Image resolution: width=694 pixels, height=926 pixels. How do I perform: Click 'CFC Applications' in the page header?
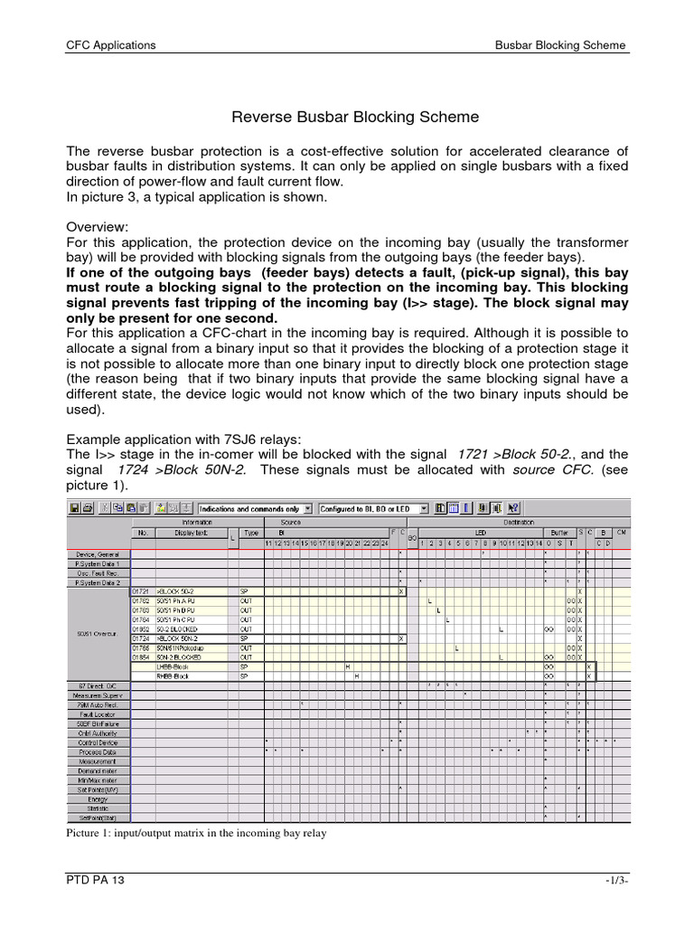coord(111,45)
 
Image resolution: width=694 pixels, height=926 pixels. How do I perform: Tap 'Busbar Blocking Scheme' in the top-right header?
coord(560,45)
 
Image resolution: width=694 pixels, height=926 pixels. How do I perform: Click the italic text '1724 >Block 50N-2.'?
coord(175,470)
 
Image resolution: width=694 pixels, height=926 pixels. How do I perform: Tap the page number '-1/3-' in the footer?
coord(615,882)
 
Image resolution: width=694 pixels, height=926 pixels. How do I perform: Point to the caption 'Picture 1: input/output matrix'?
coord(196,834)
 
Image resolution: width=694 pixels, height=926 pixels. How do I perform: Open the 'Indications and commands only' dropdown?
coord(255,509)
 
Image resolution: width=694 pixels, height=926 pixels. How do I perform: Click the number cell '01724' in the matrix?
coord(141,638)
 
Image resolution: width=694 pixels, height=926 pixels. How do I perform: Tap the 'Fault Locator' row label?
coord(98,713)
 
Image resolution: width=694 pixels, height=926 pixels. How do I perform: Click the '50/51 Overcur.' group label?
coord(98,632)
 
